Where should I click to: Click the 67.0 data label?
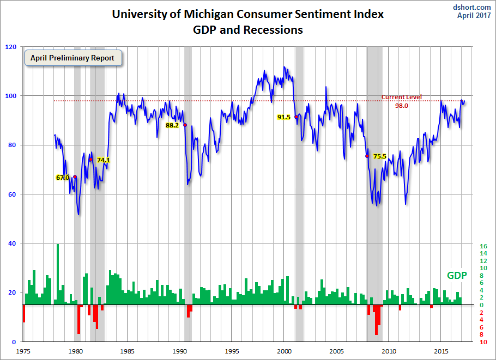pyautogui.click(x=62, y=178)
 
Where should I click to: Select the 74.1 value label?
pyautogui.click(x=104, y=160)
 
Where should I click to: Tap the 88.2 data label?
pyautogui.click(x=172, y=125)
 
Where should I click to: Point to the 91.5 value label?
pyautogui.click(x=284, y=117)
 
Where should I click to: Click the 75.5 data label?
pyautogui.click(x=379, y=156)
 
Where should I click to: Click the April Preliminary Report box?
pyautogui.click(x=72, y=58)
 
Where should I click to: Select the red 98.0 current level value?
pyautogui.click(x=401, y=106)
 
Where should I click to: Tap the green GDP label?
pyautogui.click(x=457, y=276)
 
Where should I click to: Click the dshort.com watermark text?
pyautogui.click(x=472, y=7)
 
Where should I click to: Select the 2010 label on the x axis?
pyautogui.click(x=389, y=352)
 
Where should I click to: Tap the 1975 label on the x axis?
pyautogui.click(x=23, y=352)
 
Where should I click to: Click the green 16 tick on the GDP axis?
pyautogui.click(x=483, y=246)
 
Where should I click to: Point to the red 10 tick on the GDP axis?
pyautogui.click(x=483, y=342)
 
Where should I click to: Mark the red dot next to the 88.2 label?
pyautogui.click(x=185, y=125)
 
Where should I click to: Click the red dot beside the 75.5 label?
pyautogui.click(x=367, y=156)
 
